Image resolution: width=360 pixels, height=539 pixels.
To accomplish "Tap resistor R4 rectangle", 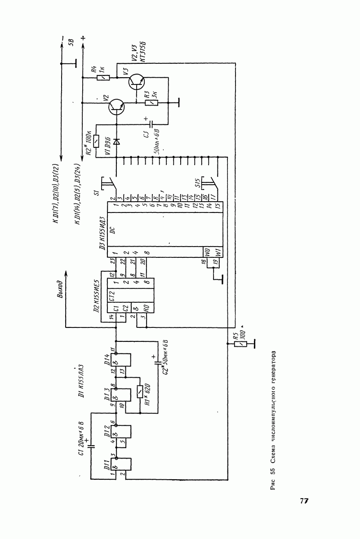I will pyautogui.click(x=102, y=78).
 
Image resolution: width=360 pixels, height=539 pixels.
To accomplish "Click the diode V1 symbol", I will pyautogui.click(x=117, y=141).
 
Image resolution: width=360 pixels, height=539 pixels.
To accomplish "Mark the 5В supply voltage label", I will pyautogui.click(x=71, y=43).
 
